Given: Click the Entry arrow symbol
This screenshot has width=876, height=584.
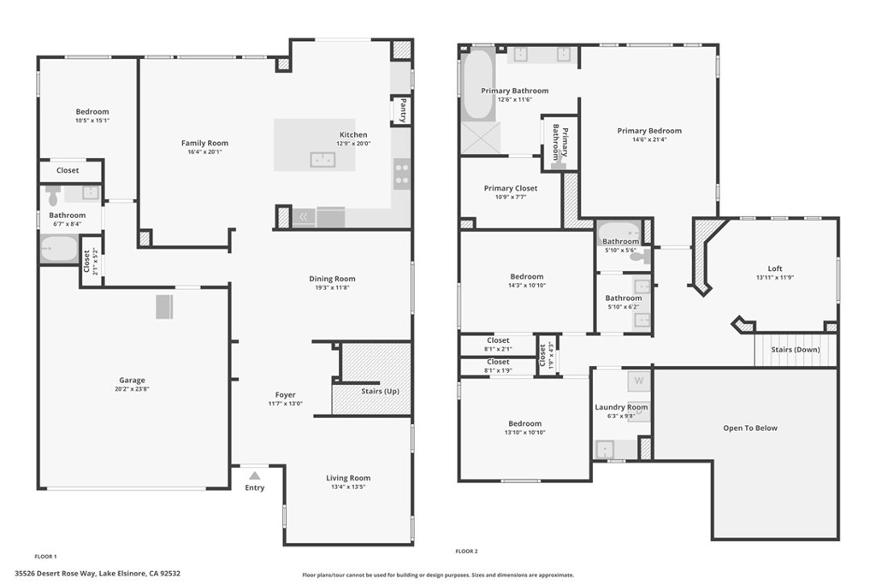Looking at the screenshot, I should tap(254, 475).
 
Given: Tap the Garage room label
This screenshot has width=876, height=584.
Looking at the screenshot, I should tap(132, 380).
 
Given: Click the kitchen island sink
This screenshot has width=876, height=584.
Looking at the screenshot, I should tap(323, 159).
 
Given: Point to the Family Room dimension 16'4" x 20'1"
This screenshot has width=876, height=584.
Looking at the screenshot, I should tap(204, 152).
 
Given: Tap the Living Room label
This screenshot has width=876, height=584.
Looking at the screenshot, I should tap(348, 478).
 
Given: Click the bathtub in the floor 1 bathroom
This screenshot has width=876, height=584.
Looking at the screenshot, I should tap(59, 249).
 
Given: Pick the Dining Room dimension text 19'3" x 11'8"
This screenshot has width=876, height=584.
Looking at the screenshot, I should tap(332, 288).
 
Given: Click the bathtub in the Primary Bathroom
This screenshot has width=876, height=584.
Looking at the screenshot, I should tap(476, 84).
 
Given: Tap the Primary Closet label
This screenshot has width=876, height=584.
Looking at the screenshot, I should tap(511, 188).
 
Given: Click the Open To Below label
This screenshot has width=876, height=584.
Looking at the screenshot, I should tap(750, 428).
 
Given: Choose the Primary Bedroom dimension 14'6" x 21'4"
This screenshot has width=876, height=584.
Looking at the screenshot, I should tap(649, 139).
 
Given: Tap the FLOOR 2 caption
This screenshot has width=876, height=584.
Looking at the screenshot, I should tap(466, 552).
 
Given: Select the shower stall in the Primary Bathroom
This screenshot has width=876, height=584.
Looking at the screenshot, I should tap(480, 139).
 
